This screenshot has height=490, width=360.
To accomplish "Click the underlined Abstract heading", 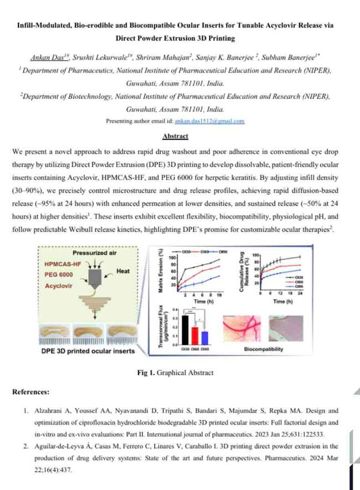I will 176,136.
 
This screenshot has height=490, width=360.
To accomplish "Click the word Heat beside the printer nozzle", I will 122,272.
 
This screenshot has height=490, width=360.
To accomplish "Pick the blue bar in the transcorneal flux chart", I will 205,338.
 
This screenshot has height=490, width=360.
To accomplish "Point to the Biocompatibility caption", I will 264,350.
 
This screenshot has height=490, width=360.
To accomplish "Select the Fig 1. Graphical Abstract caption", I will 176,372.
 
